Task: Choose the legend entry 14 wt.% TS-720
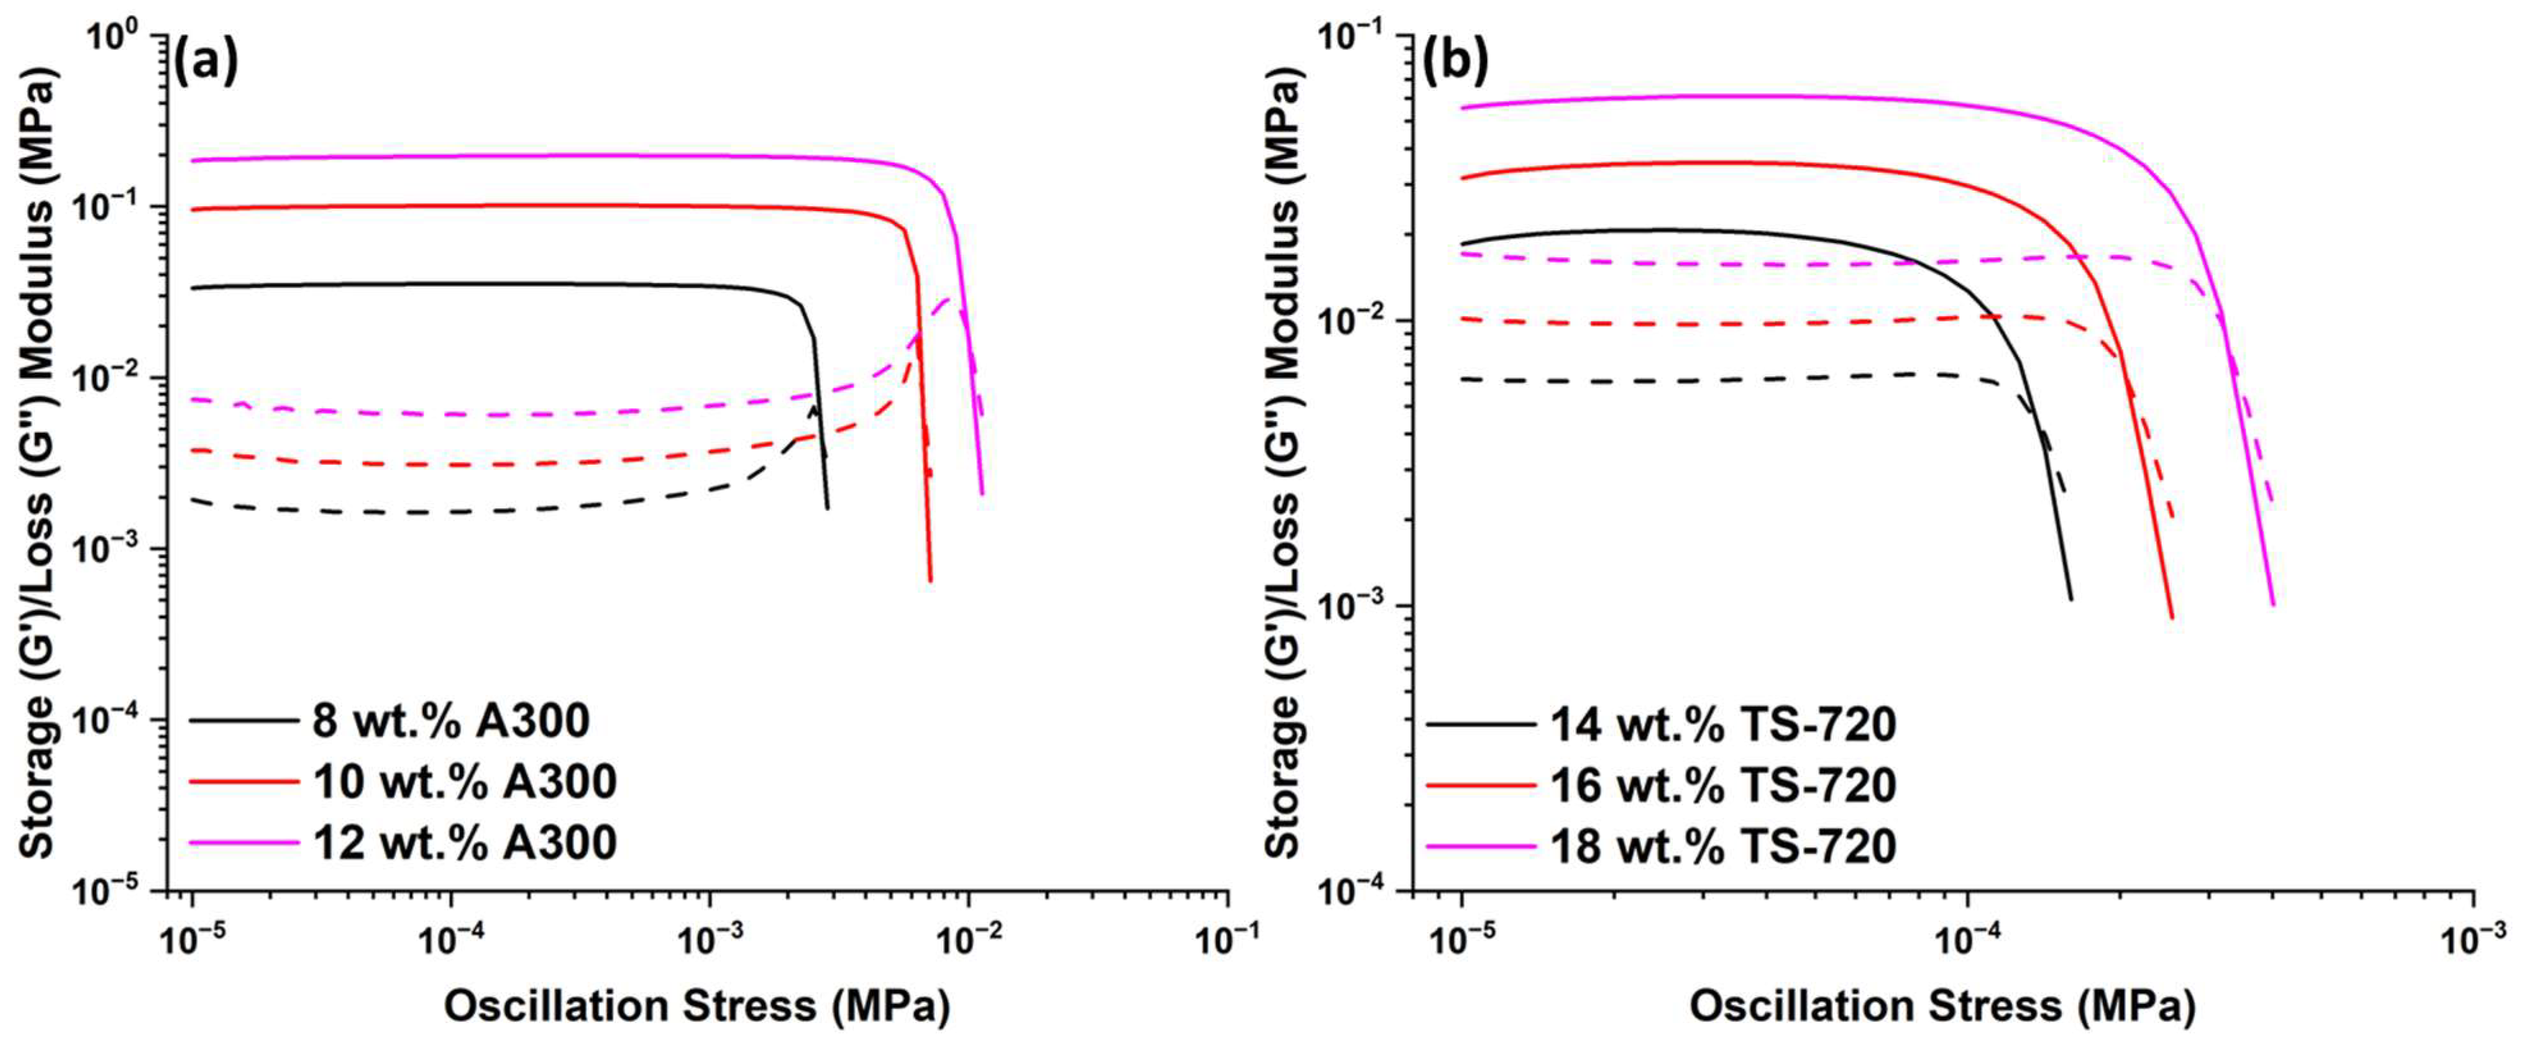1722,725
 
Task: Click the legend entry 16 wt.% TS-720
1722,785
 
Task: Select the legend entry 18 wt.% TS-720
1722,846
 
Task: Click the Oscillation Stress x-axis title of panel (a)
697,1007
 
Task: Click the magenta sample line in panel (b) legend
1480,846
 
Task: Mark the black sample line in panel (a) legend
243,721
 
